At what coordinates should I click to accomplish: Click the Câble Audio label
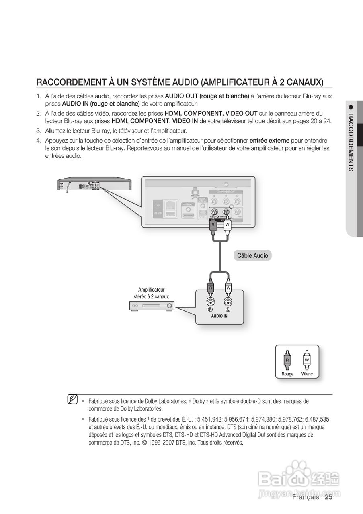point(252,256)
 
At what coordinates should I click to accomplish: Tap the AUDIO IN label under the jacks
point(219,316)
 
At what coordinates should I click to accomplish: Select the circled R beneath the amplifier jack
point(210,310)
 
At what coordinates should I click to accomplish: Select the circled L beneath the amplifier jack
point(228,310)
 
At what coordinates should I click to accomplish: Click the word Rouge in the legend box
point(287,374)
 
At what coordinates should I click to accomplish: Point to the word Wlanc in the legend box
point(307,374)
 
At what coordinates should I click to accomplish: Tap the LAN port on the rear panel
point(170,206)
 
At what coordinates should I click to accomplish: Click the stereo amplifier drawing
point(152,306)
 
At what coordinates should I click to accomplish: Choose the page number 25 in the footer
point(329,497)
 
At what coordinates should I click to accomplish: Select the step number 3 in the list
point(39,131)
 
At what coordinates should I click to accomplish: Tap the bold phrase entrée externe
point(269,141)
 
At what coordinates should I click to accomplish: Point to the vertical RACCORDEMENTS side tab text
point(351,143)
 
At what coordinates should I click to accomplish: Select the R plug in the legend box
point(287,360)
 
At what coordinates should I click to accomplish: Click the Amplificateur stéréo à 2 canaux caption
point(151,293)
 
